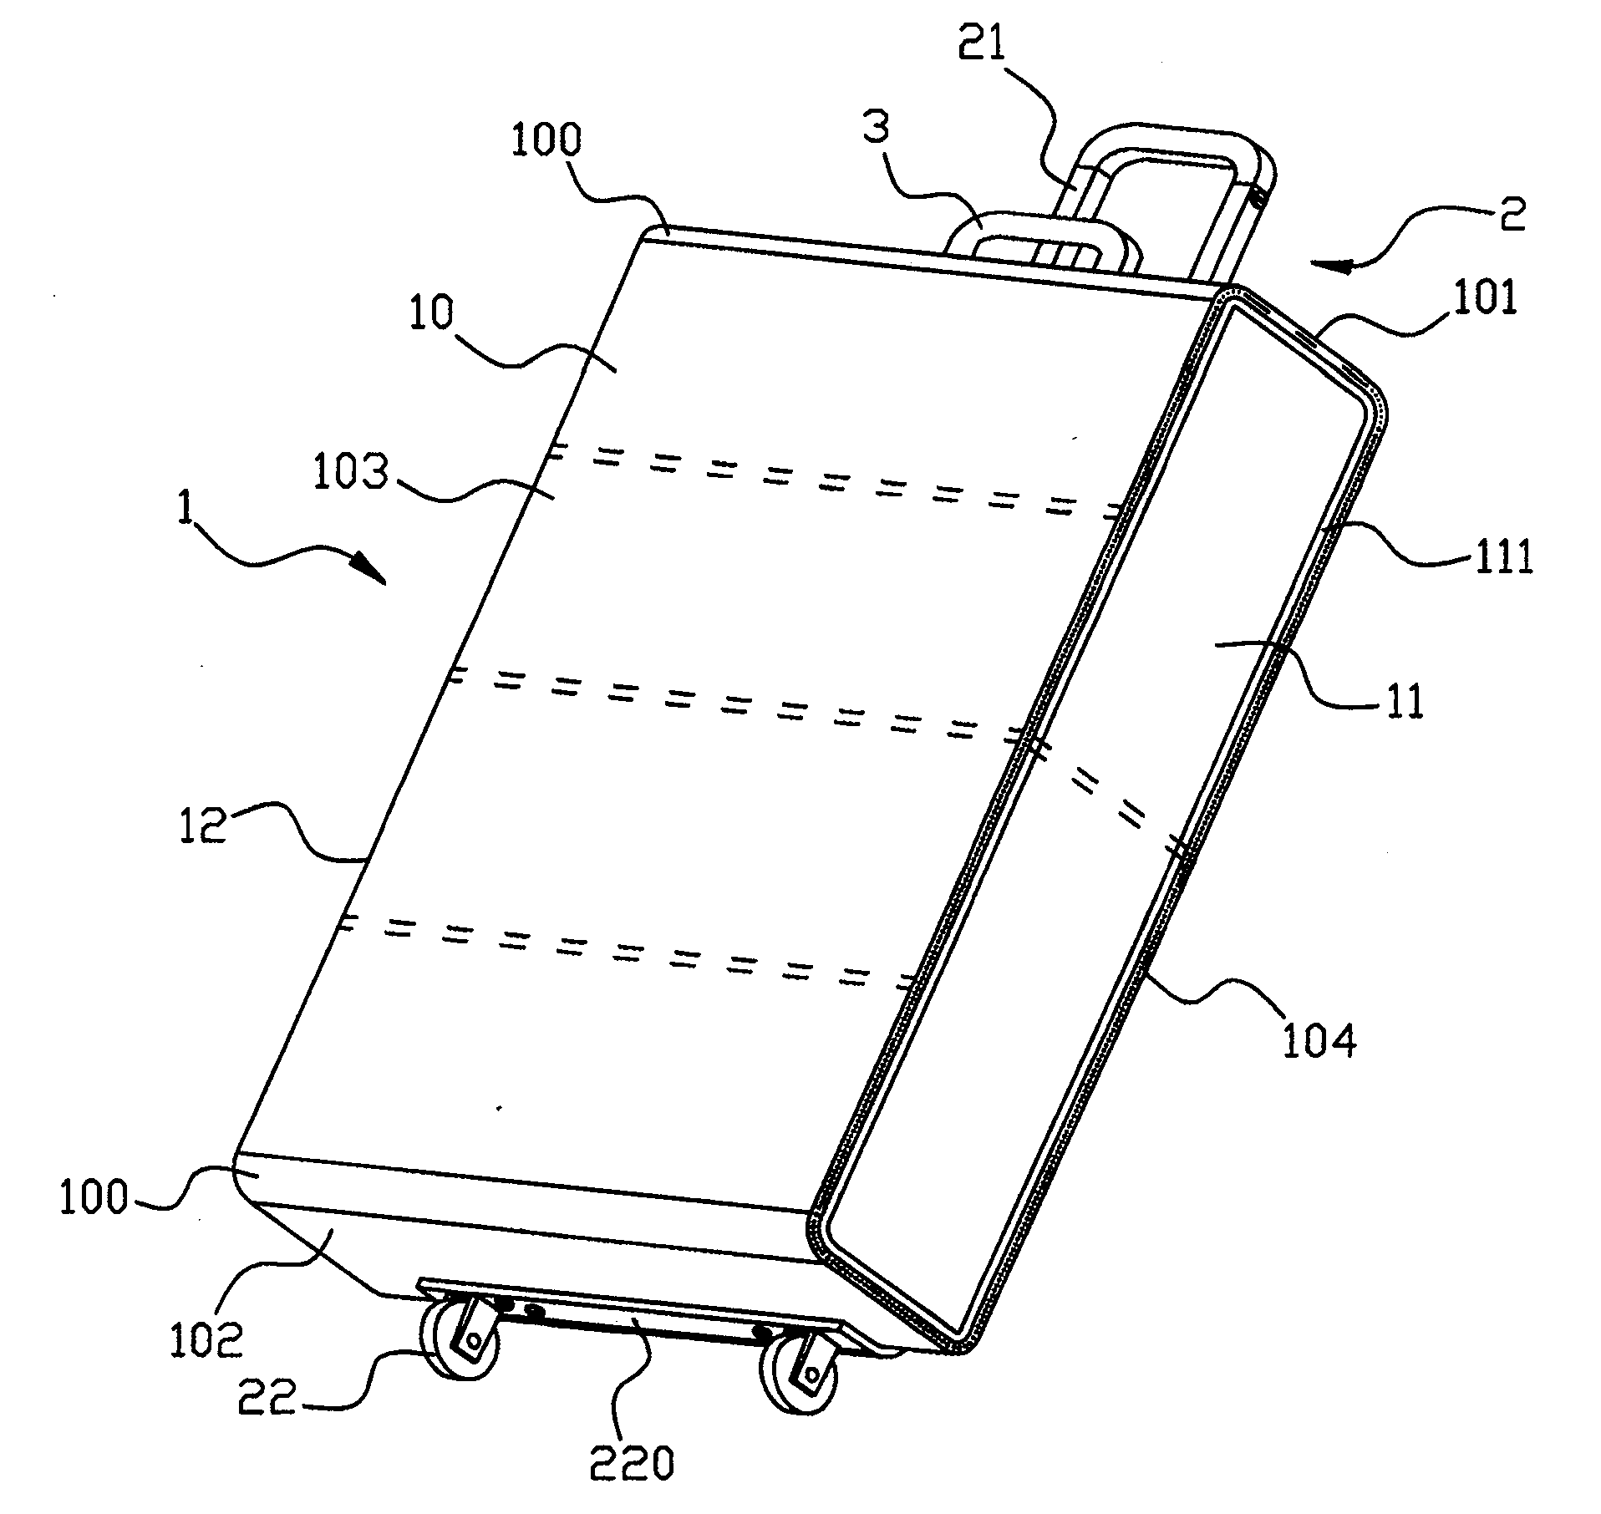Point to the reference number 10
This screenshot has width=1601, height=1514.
[x=431, y=313]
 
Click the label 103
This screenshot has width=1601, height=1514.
[x=351, y=474]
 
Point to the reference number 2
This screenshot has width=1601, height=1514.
[x=1508, y=215]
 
